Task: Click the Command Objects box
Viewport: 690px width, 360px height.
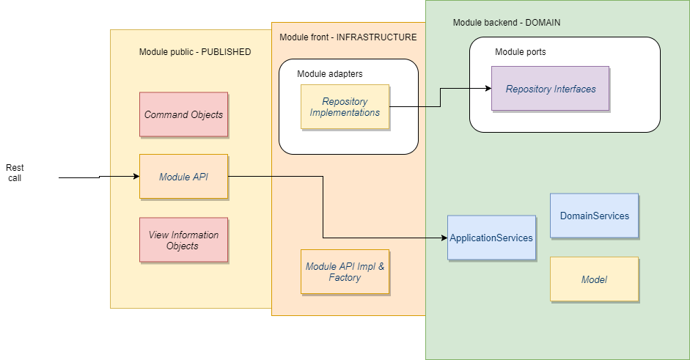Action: tap(183, 114)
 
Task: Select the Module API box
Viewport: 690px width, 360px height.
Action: tap(183, 176)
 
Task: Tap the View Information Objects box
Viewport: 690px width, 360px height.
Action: tap(183, 240)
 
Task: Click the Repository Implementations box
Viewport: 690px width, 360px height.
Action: tap(345, 107)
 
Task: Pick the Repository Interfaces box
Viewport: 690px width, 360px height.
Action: tap(550, 89)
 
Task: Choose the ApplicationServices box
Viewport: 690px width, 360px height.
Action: tap(491, 238)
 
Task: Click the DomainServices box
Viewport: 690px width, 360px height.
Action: tap(594, 216)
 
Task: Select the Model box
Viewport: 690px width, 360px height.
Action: tap(594, 279)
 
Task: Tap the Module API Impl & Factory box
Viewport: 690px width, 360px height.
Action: tap(345, 272)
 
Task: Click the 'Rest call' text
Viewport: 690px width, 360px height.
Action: tap(15, 172)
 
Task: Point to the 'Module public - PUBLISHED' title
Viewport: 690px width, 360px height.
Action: tap(194, 52)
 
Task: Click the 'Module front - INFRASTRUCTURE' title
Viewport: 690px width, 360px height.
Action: tap(348, 37)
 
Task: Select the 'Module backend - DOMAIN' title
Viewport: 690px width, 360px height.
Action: tap(506, 23)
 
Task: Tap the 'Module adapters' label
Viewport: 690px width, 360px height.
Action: tap(329, 74)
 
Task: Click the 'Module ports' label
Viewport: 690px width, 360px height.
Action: tap(520, 52)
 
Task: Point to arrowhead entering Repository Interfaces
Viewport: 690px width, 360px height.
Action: tap(487, 89)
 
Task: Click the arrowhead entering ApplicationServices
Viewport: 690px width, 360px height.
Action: tap(444, 238)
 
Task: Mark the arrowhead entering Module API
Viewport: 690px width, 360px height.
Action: tap(136, 176)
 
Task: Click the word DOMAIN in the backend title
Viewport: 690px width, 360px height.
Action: tap(543, 23)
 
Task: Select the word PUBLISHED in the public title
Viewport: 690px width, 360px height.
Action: tap(226, 52)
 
